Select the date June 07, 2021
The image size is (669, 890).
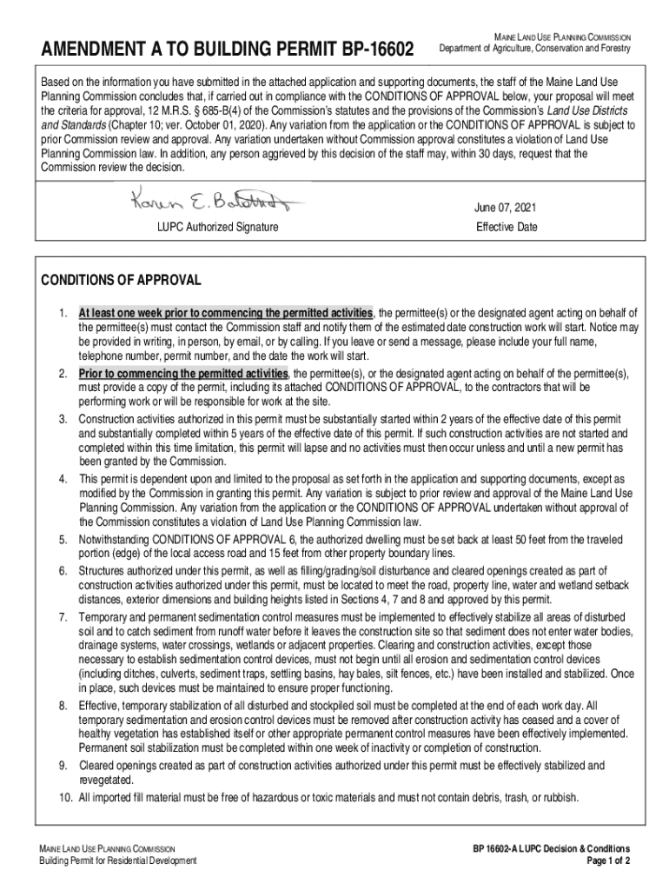506,208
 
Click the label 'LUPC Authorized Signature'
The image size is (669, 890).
217,228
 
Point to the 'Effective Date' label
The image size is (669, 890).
507,228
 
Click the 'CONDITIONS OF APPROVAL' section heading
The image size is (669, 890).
122,280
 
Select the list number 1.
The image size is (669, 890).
63,313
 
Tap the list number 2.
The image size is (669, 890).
63,373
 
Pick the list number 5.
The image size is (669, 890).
63,540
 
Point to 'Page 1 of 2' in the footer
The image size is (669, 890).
608,861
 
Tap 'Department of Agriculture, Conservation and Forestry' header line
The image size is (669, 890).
534,48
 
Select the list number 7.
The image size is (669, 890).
63,616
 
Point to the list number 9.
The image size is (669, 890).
63,765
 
